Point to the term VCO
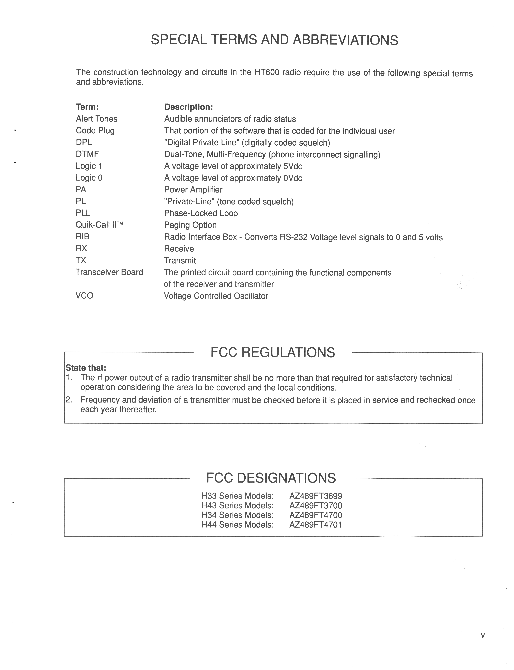pyautogui.click(x=84, y=295)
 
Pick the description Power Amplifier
pyautogui.click(x=193, y=190)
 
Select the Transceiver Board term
pyautogui.click(x=109, y=272)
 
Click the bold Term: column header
pyautogui.click(x=87, y=107)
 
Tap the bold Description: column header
pyautogui.click(x=188, y=107)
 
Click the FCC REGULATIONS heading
pyautogui.click(x=273, y=352)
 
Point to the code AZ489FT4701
pyautogui.click(x=315, y=525)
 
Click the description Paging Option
pyautogui.click(x=190, y=225)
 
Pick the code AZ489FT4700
pyautogui.click(x=316, y=515)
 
